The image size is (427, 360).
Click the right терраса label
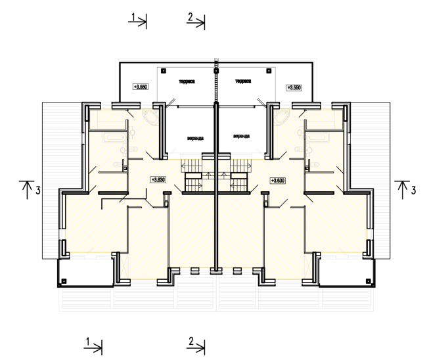coord(242,81)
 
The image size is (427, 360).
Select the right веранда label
coord(241,136)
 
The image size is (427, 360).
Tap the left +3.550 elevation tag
coord(140,87)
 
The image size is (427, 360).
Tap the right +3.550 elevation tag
coord(293,87)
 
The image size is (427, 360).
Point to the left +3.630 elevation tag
coord(158,179)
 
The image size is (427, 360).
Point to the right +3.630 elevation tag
coord(277,179)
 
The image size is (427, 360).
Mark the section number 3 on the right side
coord(413,191)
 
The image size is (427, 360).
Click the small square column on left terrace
coord(164,70)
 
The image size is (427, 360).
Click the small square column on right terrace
coord(268,70)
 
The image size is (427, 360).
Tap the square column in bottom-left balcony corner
coord(63,281)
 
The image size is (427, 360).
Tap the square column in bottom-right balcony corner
coord(370,281)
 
